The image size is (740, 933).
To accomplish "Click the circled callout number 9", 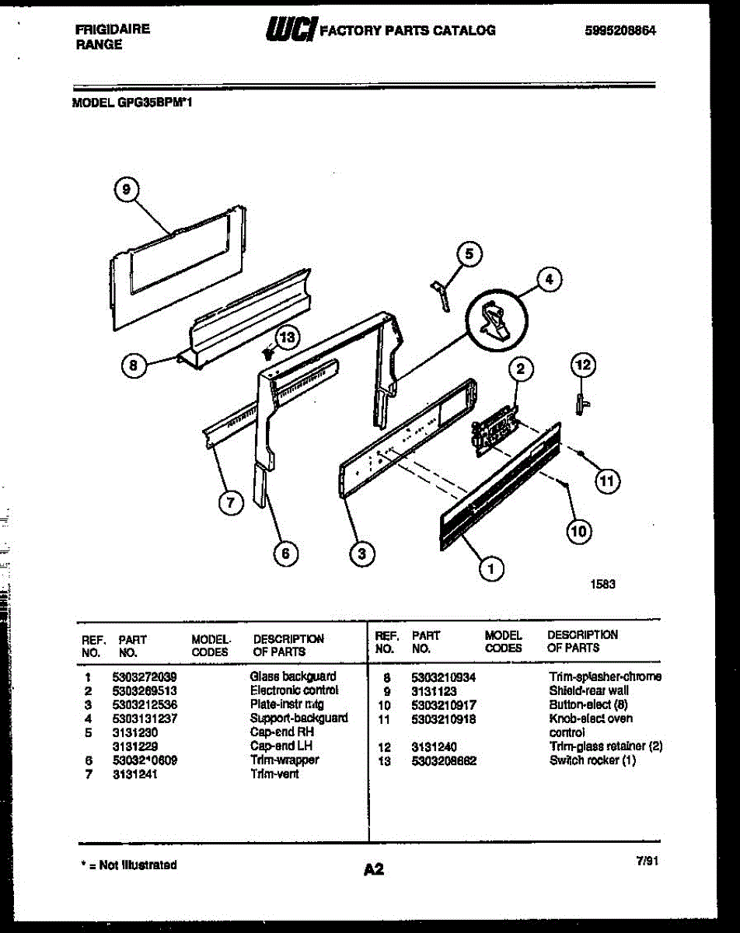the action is pos(129,188).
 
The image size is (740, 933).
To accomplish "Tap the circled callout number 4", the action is pos(549,280).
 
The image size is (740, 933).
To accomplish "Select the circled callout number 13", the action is pos(288,337).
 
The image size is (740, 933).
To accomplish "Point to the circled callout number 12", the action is pos(583,362).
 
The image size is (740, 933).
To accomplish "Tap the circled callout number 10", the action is pos(578,532).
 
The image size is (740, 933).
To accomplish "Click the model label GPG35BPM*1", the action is pos(133,101).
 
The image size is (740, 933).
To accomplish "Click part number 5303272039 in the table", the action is pos(144,676).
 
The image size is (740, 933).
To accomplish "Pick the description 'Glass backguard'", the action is pos(293,676).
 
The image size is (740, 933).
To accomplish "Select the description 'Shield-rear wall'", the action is pos(588,690).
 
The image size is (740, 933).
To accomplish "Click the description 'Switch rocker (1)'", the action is pos(592,760).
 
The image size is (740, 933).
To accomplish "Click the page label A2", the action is pos(373,870).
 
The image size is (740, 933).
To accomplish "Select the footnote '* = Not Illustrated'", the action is pos(128,865).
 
